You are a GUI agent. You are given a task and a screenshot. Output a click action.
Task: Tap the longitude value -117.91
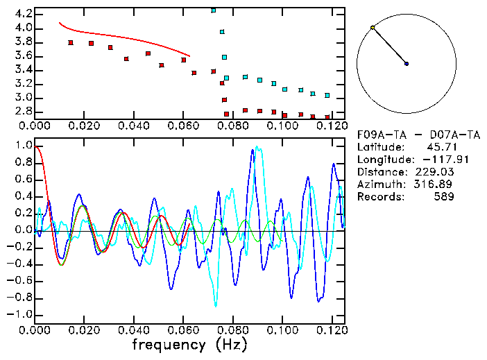(x=436, y=160)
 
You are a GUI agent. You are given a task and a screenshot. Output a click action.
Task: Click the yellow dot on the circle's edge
(x=373, y=28)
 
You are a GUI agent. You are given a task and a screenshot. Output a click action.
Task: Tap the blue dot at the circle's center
(x=407, y=64)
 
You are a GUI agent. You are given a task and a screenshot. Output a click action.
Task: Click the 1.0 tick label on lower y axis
(x=23, y=146)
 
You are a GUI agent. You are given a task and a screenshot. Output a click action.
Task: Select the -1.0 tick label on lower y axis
(x=20, y=314)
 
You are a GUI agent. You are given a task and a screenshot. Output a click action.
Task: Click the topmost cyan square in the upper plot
(x=213, y=10)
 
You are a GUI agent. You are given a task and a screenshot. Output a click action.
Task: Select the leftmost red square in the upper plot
(x=71, y=43)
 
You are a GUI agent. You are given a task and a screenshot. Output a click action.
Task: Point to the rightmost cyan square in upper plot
(x=327, y=95)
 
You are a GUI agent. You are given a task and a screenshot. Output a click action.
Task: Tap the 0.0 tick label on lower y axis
(x=23, y=230)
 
